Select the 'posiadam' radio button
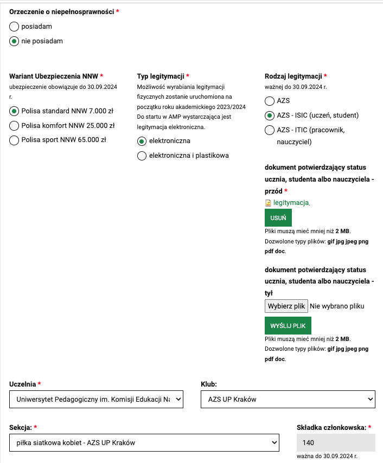14,26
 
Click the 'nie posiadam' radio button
14,41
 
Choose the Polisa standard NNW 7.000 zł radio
14,111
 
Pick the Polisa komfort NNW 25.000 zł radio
14,126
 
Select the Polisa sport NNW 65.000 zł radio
14,140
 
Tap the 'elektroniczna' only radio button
142,141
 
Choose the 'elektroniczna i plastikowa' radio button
142,156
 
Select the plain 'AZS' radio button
270,101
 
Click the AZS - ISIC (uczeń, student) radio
270,115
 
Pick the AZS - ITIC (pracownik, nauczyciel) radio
270,130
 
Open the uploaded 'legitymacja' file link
291,203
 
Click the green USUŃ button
278,217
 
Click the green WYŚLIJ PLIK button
288,326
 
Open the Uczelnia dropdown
97,400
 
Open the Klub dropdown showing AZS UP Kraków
288,400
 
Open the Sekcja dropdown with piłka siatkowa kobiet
144,442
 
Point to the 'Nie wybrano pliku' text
337,306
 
